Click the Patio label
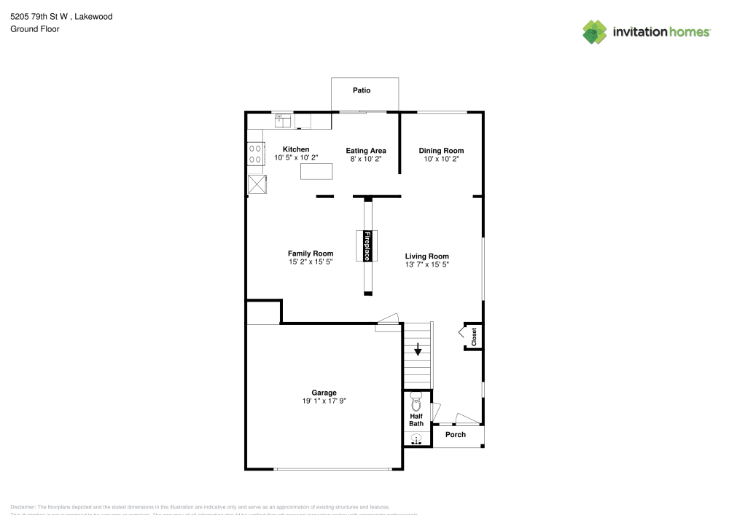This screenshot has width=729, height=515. [362, 90]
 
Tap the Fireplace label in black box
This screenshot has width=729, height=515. [367, 246]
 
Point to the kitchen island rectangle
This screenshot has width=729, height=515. [316, 171]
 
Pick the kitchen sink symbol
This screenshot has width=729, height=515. [283, 119]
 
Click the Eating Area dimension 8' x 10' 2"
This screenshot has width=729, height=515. [365, 158]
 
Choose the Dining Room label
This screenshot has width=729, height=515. [441, 150]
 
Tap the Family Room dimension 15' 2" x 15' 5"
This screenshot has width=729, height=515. [310, 262]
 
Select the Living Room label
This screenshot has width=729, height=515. [426, 256]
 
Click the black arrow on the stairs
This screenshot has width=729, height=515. [418, 350]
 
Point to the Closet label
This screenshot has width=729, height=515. [474, 337]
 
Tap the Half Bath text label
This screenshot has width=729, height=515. [416, 419]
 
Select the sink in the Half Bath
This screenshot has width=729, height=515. [416, 439]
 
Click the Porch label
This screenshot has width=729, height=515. [456, 435]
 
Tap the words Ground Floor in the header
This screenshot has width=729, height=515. [35, 29]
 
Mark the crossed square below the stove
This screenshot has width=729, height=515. [257, 184]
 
